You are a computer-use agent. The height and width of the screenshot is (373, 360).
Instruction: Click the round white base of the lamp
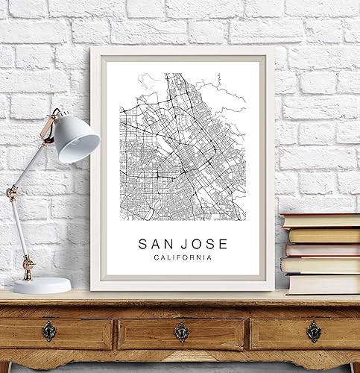point(42,285)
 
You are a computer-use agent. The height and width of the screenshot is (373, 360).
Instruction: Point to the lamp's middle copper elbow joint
point(12,193)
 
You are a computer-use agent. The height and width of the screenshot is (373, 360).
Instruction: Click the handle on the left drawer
point(49,330)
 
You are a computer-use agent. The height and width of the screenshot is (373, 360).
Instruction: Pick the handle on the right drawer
point(314,330)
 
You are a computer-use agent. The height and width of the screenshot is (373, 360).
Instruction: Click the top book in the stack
point(320,221)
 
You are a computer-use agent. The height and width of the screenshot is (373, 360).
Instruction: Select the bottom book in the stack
point(323,283)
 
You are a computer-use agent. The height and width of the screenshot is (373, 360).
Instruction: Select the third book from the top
point(322,250)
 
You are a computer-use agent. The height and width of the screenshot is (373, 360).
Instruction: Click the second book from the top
point(323,235)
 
